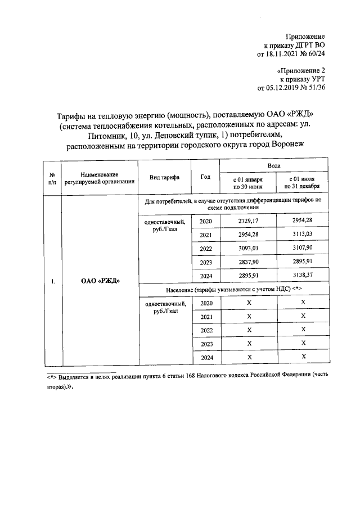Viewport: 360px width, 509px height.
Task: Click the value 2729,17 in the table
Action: pos(247,221)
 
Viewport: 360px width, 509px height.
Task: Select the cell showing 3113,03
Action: pos(302,235)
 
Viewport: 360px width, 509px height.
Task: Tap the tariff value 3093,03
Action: pos(247,248)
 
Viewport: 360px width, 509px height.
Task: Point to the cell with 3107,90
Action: pos(302,248)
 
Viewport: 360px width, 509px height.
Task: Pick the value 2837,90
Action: pos(247,262)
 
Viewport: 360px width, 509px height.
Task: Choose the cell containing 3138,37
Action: pos(302,275)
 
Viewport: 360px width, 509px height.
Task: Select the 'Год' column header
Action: pos(205,177)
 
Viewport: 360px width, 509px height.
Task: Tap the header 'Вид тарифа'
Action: pos(164,177)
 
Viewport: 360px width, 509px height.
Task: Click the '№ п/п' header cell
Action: pos(52,177)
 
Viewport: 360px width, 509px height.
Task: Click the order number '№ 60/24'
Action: pos(312,54)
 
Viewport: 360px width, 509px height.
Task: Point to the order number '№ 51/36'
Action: pos(312,88)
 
